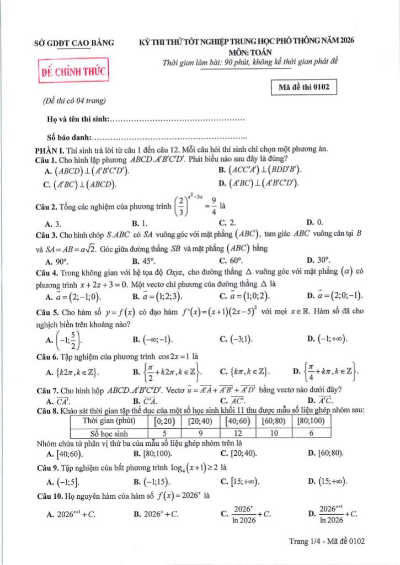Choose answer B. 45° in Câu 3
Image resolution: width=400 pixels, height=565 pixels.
tap(145, 259)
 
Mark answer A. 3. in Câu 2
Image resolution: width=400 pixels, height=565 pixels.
tap(54, 222)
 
